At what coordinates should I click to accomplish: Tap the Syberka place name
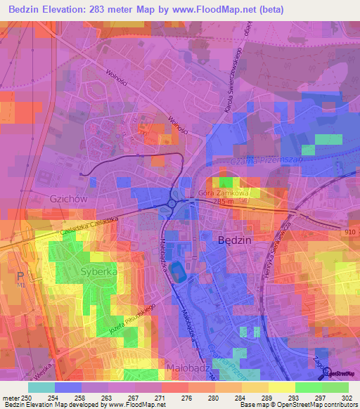coord(98,271)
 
